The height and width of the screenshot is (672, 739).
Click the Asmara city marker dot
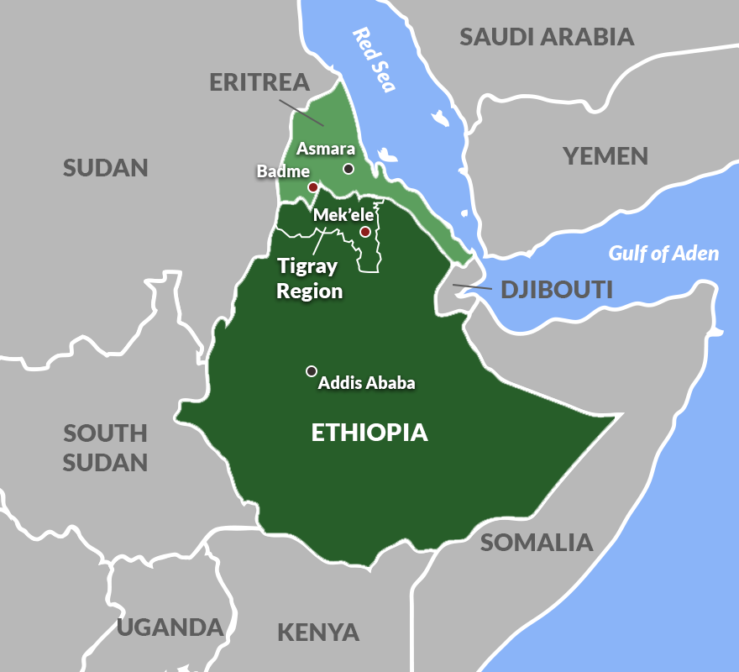pos(349,169)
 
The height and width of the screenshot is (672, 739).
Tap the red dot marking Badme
pos(312,187)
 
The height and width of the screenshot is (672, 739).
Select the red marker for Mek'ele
pos(365,231)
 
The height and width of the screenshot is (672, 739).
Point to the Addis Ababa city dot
pos(311,370)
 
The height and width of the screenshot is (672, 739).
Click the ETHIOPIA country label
pos(369,433)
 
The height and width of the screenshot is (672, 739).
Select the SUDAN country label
pos(106,167)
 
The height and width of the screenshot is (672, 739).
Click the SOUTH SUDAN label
pos(106,448)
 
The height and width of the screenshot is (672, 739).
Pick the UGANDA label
pos(170,627)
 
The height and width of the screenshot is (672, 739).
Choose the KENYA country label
pos(318,632)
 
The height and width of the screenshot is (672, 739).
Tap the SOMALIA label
pos(537,542)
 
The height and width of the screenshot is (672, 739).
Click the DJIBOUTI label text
pos(557,291)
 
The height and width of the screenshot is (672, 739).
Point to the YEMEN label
pos(605,155)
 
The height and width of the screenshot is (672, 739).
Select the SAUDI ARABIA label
pos(546,36)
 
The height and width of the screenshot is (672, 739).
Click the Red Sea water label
pos(373,59)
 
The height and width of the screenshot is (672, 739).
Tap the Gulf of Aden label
pos(663,253)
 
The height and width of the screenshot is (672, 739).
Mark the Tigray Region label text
pos(308,279)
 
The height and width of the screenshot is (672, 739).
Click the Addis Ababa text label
pos(367,383)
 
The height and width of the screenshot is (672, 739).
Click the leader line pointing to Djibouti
pos(472,288)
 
